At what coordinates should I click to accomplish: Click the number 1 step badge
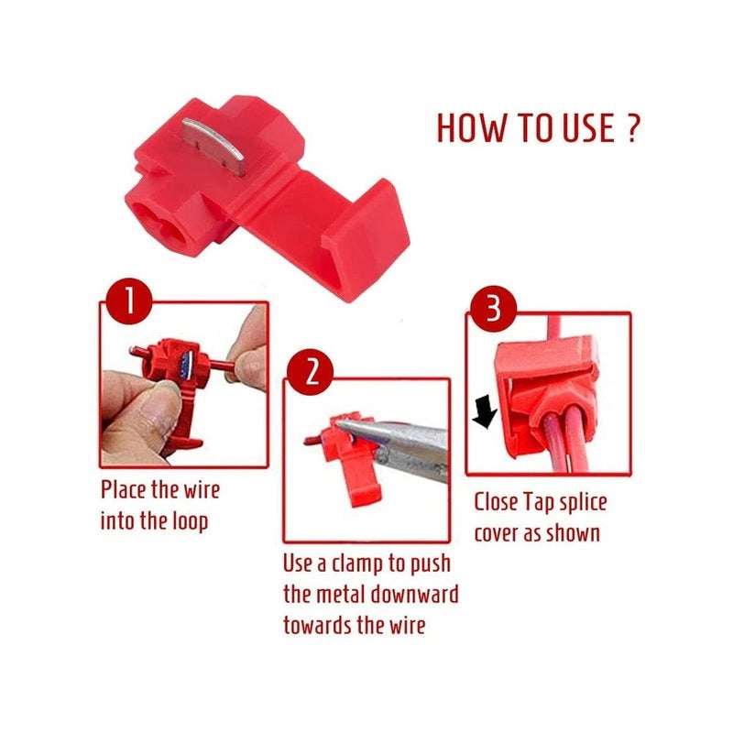[128, 301]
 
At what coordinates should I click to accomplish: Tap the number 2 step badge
[310, 372]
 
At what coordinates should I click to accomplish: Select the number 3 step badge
[493, 309]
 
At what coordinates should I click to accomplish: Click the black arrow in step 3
[485, 411]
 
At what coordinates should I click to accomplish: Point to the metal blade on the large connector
[213, 145]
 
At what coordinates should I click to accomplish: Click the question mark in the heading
[630, 127]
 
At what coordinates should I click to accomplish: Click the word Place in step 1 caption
[124, 489]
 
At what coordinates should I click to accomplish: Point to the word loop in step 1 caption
[190, 522]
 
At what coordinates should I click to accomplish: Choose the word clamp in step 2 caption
[359, 564]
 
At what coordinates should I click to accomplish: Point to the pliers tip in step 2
[340, 423]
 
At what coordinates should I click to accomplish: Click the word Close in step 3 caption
[497, 502]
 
